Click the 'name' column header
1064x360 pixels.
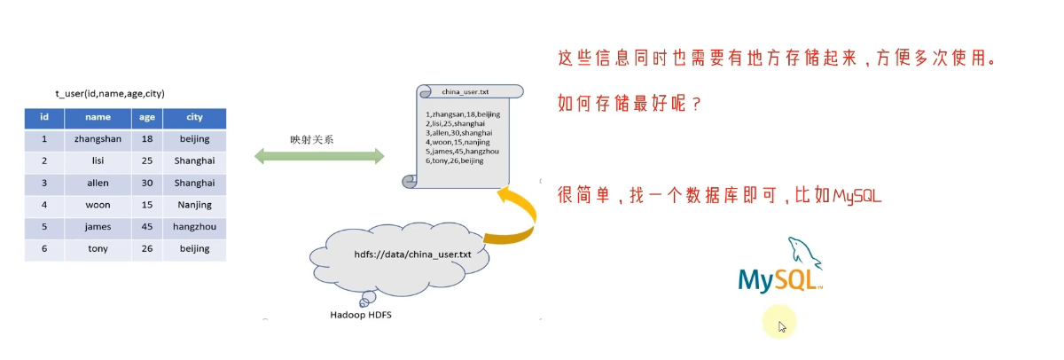coord(98,118)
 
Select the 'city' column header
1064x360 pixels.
coord(194,118)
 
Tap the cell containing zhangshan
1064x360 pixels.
coord(98,139)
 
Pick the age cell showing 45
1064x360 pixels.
coord(147,227)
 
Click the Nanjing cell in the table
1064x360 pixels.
coord(194,205)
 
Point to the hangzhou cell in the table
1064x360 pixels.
coord(194,227)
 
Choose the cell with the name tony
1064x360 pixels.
coord(98,249)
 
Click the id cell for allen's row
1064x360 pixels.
coord(44,184)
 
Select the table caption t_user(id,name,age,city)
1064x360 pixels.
coord(110,94)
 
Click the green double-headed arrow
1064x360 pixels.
coord(319,156)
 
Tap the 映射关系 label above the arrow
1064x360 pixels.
coord(311,139)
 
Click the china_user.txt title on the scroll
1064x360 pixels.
coord(465,91)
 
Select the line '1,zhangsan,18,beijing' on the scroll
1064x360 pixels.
coord(463,114)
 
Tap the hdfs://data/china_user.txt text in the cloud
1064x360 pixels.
coord(412,254)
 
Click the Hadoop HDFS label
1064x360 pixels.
coord(361,315)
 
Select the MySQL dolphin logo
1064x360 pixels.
coord(780,265)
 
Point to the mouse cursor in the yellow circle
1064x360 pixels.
coord(782,327)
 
